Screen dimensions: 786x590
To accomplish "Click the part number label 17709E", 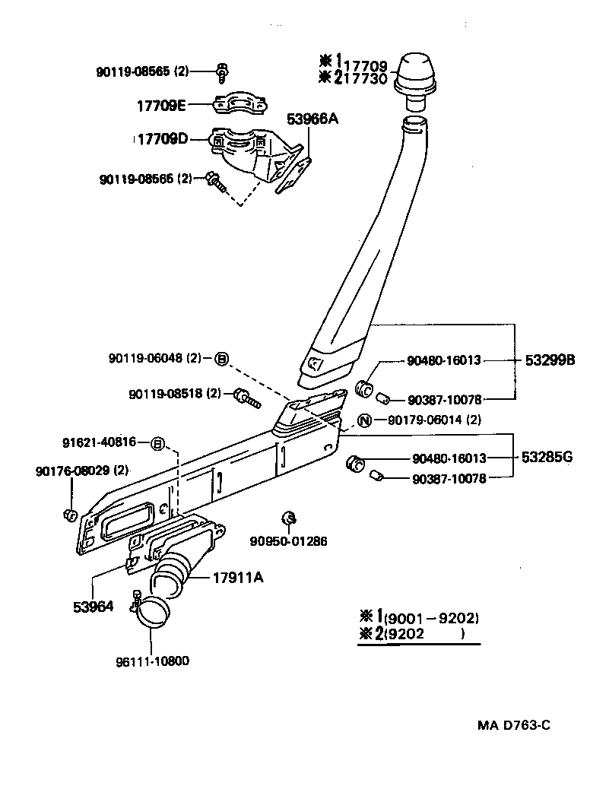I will coord(162,106).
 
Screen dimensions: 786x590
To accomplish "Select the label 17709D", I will coord(162,139).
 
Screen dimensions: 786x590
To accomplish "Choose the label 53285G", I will coord(547,458).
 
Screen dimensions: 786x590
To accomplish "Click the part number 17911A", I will coord(239,578).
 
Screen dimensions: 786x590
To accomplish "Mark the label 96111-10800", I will coord(153,661).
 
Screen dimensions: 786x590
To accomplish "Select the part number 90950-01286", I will coord(289,541).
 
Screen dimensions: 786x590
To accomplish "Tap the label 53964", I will coord(93,606).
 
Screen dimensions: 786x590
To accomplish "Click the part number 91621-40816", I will coord(99,442).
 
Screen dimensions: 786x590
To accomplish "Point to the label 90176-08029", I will coord(81,471).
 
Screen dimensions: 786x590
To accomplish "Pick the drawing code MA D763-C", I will coord(513,724).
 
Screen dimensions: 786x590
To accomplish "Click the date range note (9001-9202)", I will coord(431,617).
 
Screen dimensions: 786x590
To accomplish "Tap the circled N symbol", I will coord(364,420).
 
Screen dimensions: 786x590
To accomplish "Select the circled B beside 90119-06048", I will coord(221,358).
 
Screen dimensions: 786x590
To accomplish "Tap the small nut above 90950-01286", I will coord(289,518).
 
